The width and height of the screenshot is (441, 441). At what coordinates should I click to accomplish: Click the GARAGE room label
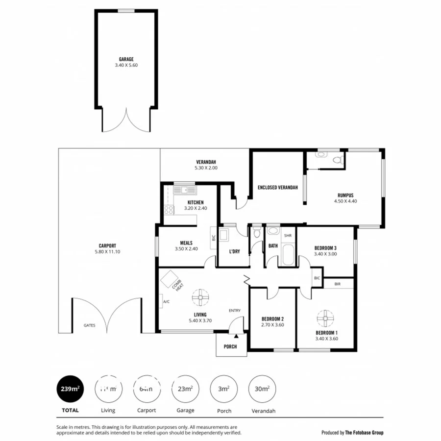tap(126, 59)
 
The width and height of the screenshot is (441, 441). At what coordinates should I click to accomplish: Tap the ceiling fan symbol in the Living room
tap(200, 297)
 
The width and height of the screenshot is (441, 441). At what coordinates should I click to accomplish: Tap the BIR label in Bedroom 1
tap(338, 284)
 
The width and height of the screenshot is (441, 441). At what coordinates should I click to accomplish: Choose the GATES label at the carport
tap(89, 325)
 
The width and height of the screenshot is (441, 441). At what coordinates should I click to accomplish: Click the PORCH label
tap(230, 346)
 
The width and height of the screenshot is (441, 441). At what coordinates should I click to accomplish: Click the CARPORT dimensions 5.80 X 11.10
tap(107, 252)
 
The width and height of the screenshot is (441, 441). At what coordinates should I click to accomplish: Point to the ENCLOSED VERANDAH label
tap(278, 188)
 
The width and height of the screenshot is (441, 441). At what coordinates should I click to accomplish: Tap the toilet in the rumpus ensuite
tap(337, 160)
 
